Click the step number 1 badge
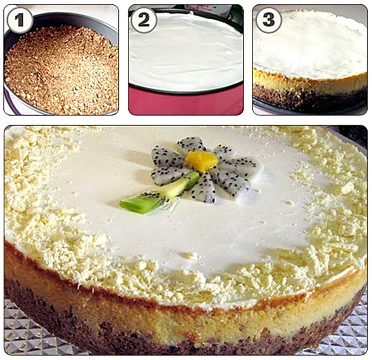coord(20,20)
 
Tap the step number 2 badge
coord(144,20)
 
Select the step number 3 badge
coord(269,20)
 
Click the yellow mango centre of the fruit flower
coord(202,161)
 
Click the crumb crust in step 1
coord(62,72)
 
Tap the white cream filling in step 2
coord(186,52)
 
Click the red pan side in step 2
coord(186,102)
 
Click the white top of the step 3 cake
coord(310,44)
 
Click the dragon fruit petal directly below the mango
coord(204,188)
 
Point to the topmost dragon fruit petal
coord(191,145)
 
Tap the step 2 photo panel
coord(186,60)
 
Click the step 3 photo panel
coord(310,60)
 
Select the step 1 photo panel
coord(61,60)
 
